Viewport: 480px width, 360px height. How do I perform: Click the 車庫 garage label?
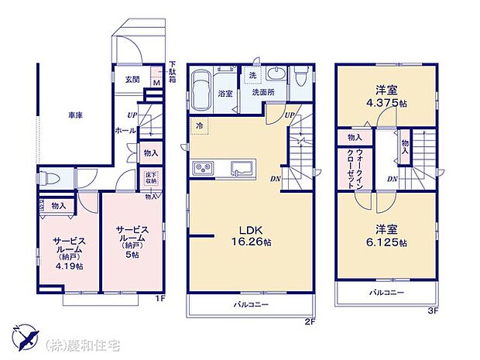coord(74,115)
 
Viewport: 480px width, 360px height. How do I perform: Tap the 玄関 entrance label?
coord(132,80)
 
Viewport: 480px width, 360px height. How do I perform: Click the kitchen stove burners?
coord(203,168)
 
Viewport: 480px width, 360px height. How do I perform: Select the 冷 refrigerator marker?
coord(199,126)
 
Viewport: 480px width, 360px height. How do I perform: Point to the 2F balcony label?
coord(251,306)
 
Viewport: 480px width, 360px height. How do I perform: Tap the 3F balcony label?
coord(386,292)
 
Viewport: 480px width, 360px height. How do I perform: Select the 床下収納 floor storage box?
coord(149,179)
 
